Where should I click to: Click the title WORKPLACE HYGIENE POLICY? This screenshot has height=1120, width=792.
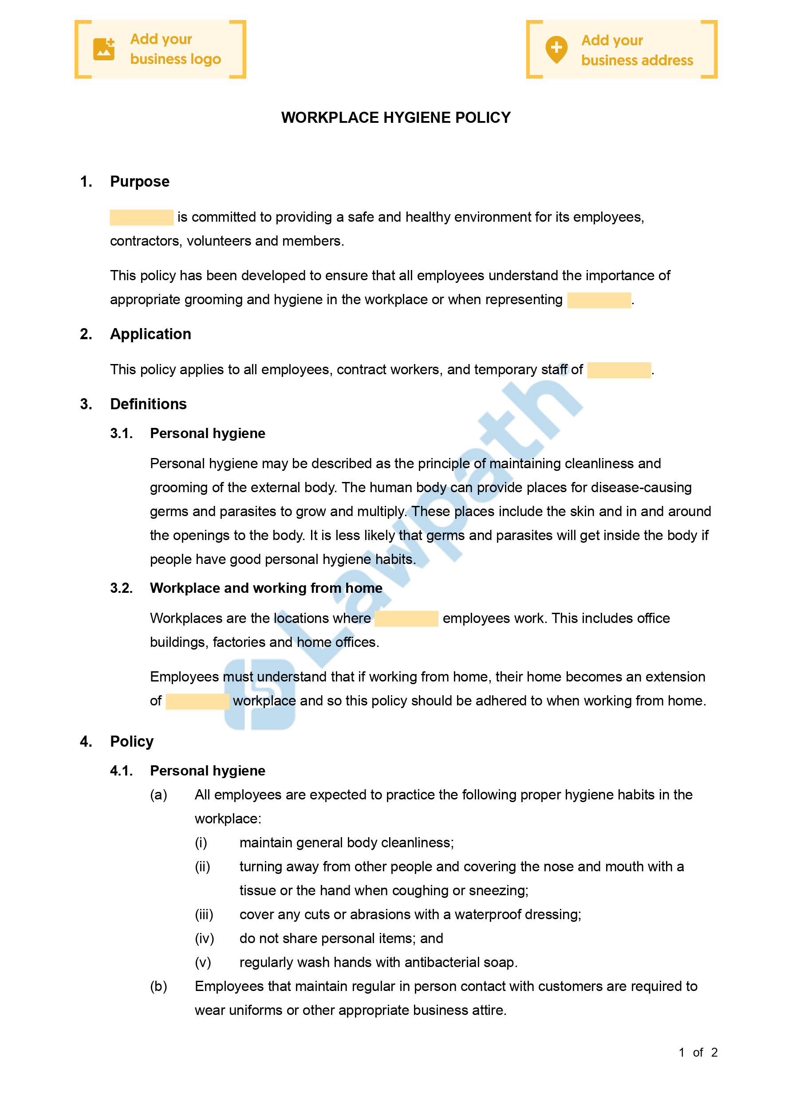coord(395,117)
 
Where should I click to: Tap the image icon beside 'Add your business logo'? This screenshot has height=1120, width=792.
coord(103,49)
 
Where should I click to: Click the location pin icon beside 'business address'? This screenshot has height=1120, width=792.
coord(556,49)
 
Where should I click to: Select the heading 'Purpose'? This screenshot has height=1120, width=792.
coord(140,181)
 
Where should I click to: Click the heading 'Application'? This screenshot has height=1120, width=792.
coord(150,334)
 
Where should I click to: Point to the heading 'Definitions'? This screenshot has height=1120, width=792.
coord(149,404)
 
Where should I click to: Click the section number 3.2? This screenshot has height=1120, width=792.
coord(121,588)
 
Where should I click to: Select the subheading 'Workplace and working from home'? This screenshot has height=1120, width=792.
coord(266,588)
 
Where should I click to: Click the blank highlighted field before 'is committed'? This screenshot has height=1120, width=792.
coord(142,218)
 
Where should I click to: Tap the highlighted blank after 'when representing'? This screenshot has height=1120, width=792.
coord(599,300)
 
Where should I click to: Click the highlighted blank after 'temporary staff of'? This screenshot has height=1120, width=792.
coord(619,370)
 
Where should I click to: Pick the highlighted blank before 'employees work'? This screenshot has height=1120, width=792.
coord(406,619)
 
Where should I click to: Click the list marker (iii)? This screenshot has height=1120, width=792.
coord(204,914)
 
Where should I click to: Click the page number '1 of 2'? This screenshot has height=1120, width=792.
coord(698,1052)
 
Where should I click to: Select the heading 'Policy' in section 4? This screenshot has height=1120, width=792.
coord(132,741)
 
